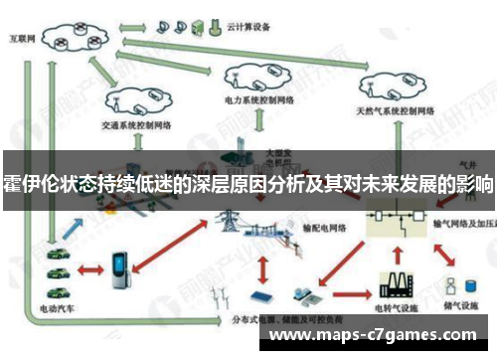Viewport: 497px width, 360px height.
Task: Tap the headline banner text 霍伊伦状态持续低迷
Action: pos(248,185)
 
